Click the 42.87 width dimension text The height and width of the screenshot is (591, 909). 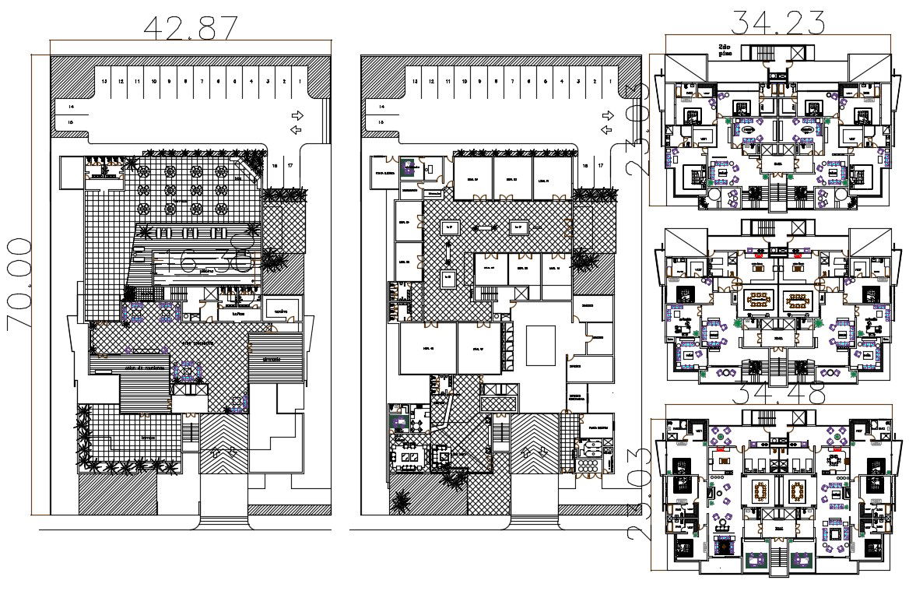point(191,27)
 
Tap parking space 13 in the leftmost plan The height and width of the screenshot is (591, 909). point(104,81)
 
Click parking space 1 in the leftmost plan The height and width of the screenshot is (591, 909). point(300,81)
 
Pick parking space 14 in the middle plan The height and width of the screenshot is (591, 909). point(381,107)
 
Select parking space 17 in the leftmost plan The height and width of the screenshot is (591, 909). point(290,166)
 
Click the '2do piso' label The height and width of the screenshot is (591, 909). point(725,51)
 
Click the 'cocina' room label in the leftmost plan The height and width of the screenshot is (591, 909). point(281,311)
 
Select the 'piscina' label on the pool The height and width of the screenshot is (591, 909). point(206,272)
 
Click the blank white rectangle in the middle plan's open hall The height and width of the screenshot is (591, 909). point(541,345)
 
